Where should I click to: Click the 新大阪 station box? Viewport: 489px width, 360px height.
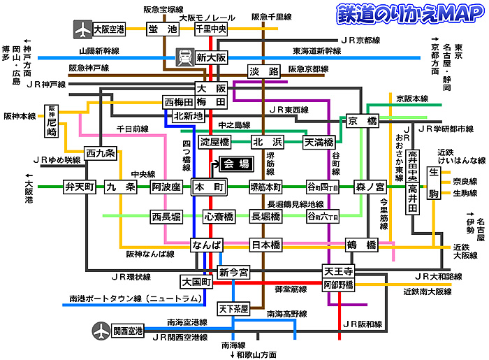click(211, 58)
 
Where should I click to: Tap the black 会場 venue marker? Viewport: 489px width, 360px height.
click(235, 165)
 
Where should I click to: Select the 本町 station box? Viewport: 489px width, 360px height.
click(210, 187)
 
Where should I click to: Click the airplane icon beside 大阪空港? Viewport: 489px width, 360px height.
click(82, 29)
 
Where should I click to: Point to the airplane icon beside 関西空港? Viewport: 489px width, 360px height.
click(101, 330)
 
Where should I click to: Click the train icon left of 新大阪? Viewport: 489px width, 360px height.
click(185, 55)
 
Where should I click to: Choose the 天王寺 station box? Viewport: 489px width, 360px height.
click(340, 271)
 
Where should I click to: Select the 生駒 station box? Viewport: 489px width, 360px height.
click(434, 182)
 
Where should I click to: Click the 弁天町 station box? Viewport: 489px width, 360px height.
click(79, 187)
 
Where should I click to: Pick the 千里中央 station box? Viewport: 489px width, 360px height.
click(211, 29)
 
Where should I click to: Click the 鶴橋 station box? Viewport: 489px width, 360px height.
click(362, 245)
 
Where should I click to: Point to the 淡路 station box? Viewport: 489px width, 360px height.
click(264, 71)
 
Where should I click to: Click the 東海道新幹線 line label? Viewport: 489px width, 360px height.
click(316, 51)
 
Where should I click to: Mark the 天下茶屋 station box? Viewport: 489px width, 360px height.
click(233, 308)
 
